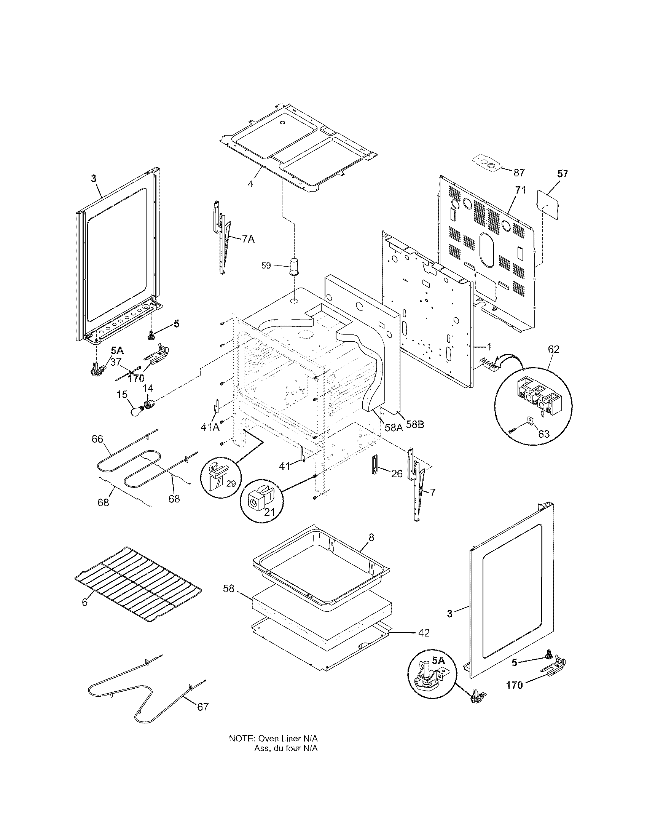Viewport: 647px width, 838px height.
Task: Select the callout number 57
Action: coord(563,174)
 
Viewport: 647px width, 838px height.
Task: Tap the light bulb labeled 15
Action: coord(136,411)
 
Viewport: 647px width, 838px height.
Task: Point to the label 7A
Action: coord(248,239)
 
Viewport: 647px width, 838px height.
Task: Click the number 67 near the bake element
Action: coord(203,706)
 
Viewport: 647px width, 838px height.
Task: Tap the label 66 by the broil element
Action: coord(97,438)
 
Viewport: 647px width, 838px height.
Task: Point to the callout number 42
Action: coord(424,633)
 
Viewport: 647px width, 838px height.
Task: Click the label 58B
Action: coord(415,425)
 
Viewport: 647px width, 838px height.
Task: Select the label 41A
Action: coord(210,427)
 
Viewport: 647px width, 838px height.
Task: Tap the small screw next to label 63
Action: coord(513,430)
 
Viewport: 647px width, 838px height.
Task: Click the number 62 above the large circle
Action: coord(553,349)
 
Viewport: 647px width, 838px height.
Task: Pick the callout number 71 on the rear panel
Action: coord(520,190)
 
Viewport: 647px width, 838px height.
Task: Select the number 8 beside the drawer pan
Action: coord(371,537)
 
